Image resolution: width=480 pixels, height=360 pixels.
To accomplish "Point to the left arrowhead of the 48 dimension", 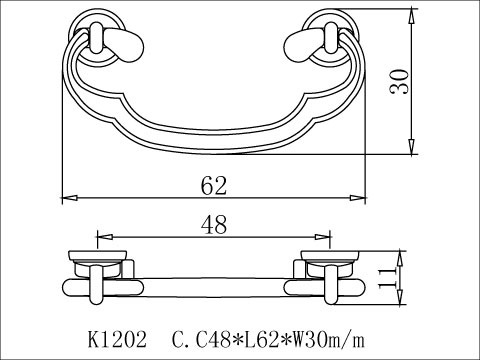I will tap(100, 238).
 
